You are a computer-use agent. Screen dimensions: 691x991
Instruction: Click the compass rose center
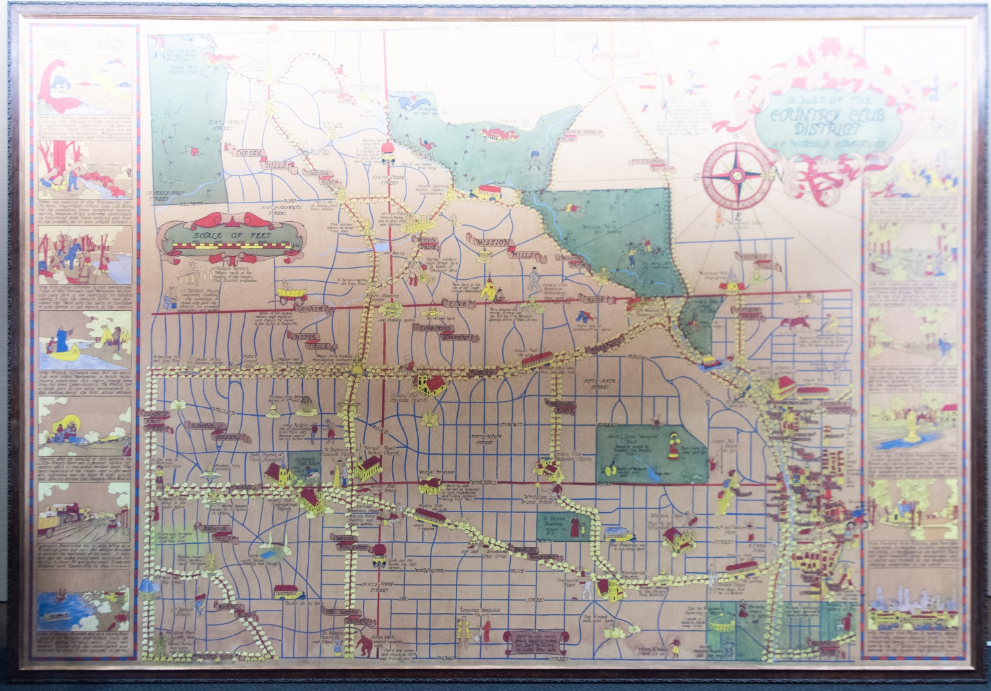[x=736, y=176]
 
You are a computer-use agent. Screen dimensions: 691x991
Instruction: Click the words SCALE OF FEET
[x=227, y=235]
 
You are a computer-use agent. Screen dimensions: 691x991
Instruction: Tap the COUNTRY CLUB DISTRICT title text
[x=817, y=121]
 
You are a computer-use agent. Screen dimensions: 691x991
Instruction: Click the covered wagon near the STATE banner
[x=291, y=293]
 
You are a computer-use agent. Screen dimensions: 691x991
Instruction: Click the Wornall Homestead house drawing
[x=430, y=485]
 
